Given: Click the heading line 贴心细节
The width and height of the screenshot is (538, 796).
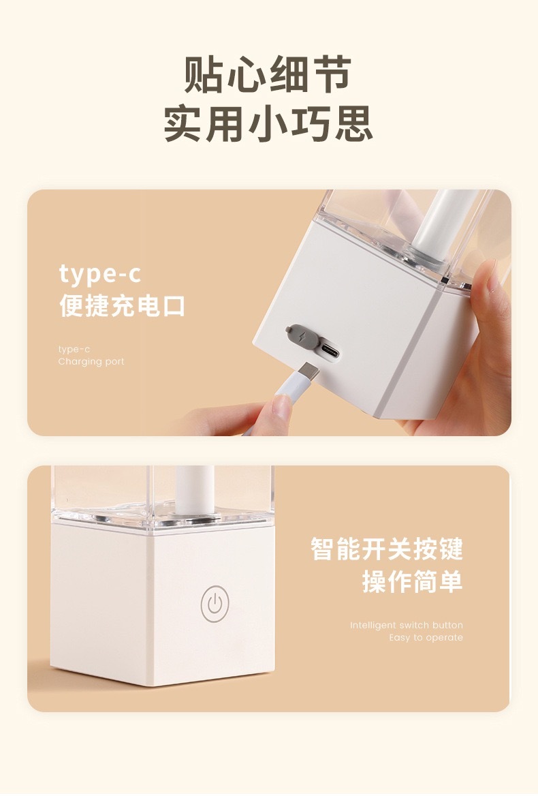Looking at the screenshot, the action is [268, 74].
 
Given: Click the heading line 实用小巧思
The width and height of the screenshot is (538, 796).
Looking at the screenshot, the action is [268, 123].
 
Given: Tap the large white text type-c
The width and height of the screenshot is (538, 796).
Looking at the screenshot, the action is [100, 274].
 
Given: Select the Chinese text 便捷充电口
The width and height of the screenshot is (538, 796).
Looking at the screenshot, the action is [122, 305].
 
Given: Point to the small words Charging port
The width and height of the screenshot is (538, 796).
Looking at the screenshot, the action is [91, 362].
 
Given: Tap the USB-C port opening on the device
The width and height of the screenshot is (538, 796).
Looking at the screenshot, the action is [330, 352].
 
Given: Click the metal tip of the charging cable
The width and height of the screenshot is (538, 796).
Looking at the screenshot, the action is [308, 371].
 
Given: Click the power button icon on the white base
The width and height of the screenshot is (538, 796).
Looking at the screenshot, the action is [215, 604].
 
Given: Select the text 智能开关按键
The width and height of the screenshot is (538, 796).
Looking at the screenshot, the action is [387, 549].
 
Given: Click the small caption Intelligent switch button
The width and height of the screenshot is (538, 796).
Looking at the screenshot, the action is [406, 625].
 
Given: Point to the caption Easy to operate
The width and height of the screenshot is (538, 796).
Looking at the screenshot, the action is [426, 638].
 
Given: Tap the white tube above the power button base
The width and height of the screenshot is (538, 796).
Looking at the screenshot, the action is [194, 489].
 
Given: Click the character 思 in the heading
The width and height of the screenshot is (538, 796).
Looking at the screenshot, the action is [353, 123].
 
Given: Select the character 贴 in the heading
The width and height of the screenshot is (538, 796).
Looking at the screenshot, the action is [203, 75].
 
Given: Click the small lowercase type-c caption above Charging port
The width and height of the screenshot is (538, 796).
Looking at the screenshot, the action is [74, 349].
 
